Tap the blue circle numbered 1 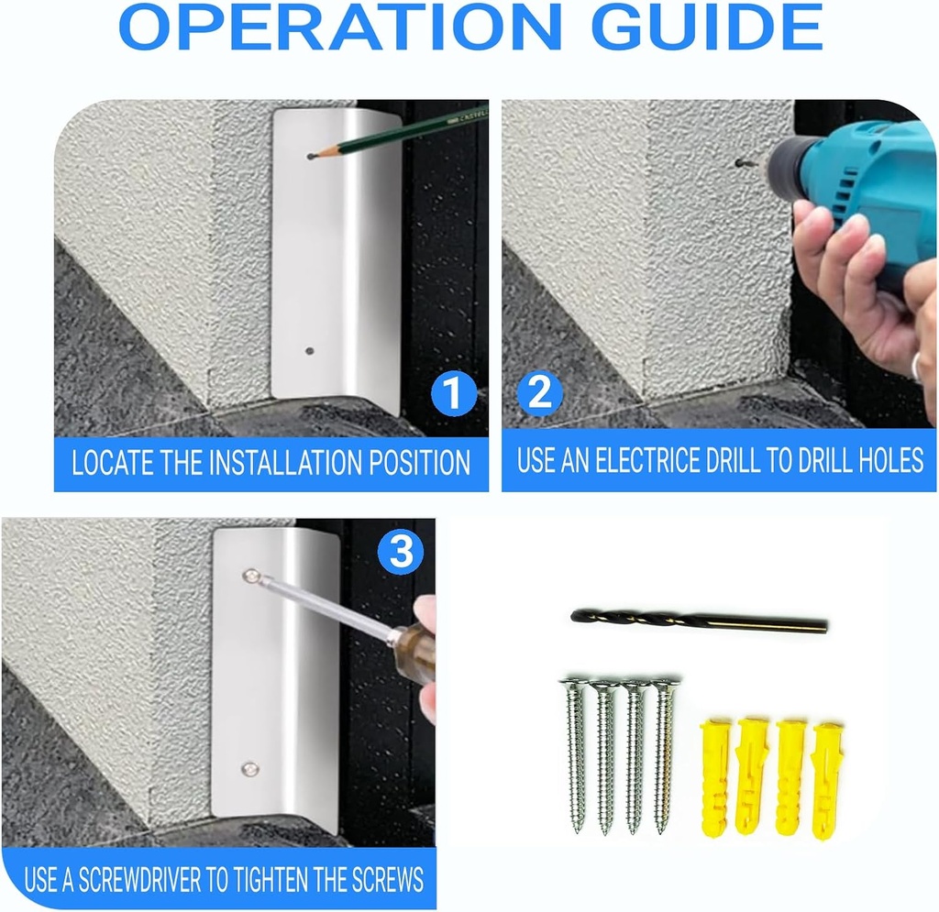tap(454, 392)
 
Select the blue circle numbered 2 tap(539, 392)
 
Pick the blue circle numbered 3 tap(401, 551)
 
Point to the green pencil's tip tap(309, 157)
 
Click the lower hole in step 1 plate tap(310, 351)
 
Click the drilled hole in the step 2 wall tap(740, 162)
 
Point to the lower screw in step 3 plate tap(249, 768)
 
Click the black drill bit tap(699, 620)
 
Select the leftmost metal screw tap(576, 755)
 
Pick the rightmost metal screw tap(664, 756)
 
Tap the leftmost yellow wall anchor tap(715, 778)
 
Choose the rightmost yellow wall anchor tap(826, 781)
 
